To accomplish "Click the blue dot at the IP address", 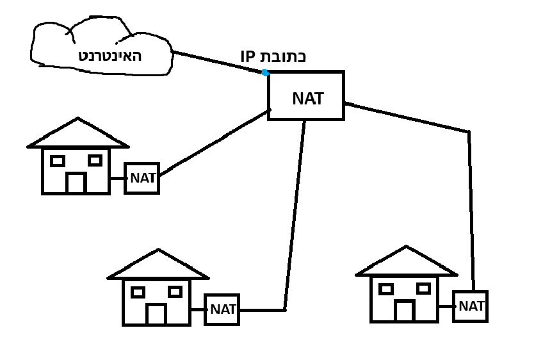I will tap(265, 72).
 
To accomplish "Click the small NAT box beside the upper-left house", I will tap(142, 178).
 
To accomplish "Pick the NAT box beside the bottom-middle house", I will tap(222, 310).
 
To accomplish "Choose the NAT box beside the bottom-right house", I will tap(470, 306).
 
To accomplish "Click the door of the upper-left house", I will tap(76, 183).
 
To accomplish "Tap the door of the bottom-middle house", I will tap(156, 314).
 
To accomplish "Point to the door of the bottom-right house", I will tap(403, 311).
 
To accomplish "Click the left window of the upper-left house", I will tap(58, 161).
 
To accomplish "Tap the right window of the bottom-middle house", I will tap(175, 292).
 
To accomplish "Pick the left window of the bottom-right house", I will tap(385, 289).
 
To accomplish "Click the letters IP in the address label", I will tap(248, 56).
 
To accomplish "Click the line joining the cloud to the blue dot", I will tap(218, 62).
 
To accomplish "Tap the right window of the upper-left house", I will tap(95, 160).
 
